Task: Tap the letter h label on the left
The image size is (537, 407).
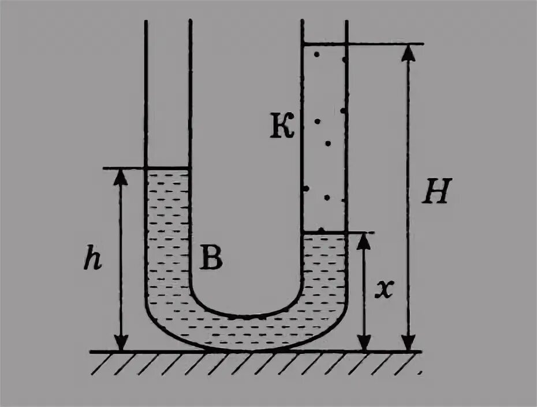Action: click(x=92, y=261)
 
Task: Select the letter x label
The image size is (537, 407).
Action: click(x=383, y=291)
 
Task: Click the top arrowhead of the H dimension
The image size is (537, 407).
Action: click(x=408, y=51)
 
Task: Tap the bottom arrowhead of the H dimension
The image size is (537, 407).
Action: click(x=408, y=343)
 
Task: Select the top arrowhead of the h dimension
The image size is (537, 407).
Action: click(x=120, y=176)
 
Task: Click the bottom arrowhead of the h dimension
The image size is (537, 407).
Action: click(x=120, y=343)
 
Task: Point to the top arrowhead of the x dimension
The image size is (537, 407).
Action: click(x=363, y=240)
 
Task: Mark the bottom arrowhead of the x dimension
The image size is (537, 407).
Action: click(x=363, y=343)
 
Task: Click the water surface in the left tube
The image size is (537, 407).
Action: click(x=167, y=168)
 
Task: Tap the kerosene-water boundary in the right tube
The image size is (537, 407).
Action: click(x=325, y=232)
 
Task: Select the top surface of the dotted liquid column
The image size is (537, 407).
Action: click(x=325, y=43)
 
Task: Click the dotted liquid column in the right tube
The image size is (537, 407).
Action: click(x=325, y=139)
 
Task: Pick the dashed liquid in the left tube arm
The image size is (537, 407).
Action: click(x=167, y=231)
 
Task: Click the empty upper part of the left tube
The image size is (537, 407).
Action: click(x=167, y=92)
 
